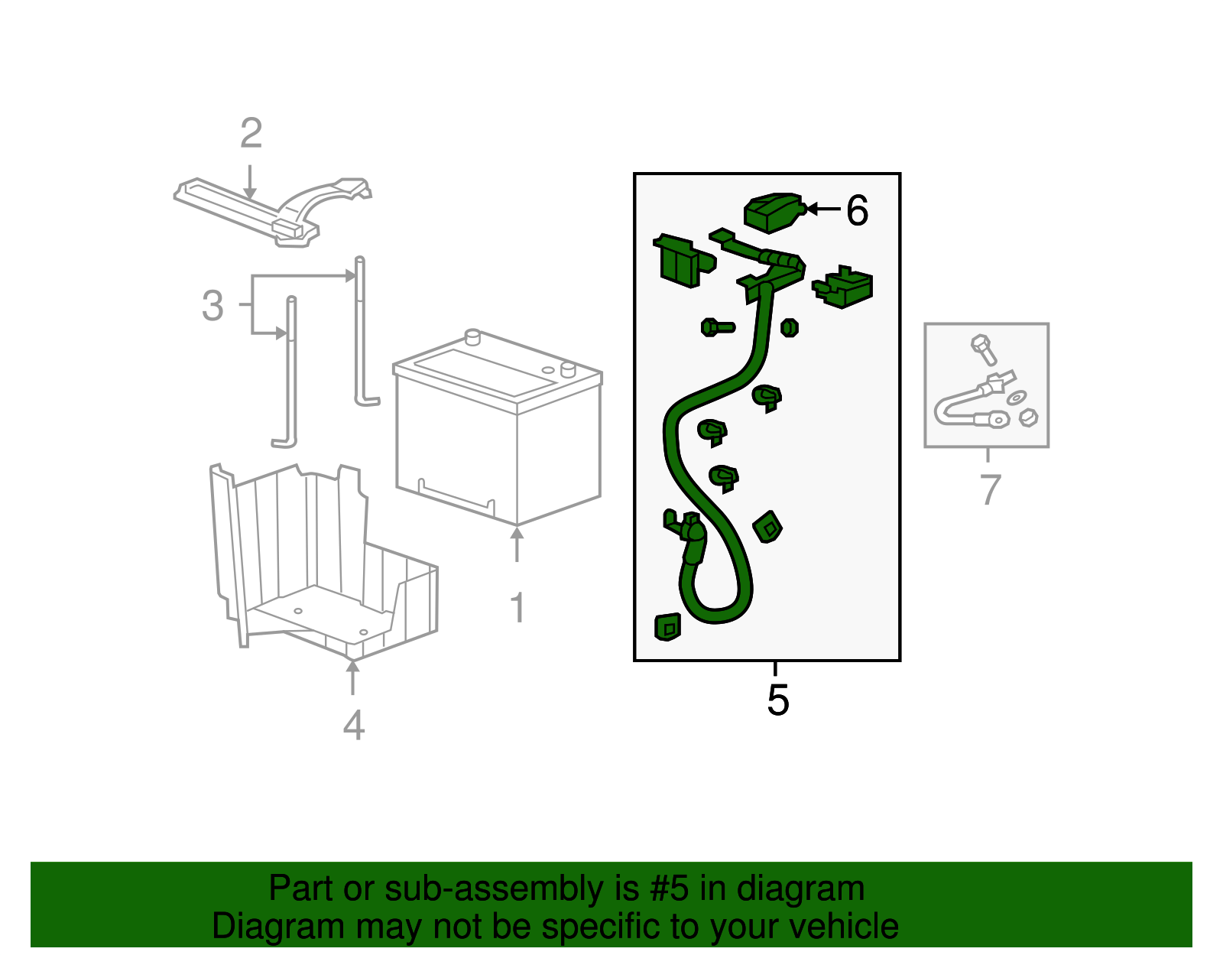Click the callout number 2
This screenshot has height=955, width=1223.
[x=251, y=133]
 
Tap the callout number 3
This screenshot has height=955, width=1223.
[x=212, y=306]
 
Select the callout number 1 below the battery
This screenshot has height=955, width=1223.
[x=517, y=608]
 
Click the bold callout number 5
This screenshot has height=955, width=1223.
[x=778, y=700]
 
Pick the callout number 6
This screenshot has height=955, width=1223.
[x=857, y=210]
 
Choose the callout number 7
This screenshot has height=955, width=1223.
[x=990, y=489]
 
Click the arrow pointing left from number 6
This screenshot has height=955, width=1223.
[x=822, y=209]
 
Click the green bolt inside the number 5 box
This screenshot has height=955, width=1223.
[x=718, y=327]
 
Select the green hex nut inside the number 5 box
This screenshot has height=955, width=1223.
[x=790, y=327]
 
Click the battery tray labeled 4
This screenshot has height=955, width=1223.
[x=323, y=563]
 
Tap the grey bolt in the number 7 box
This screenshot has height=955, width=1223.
[x=983, y=349]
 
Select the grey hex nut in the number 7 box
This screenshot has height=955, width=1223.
[x=1028, y=417]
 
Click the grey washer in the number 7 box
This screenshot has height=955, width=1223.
[x=1016, y=398]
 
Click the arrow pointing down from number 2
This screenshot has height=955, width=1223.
[x=250, y=182]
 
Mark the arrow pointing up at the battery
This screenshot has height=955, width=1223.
[x=517, y=544]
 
